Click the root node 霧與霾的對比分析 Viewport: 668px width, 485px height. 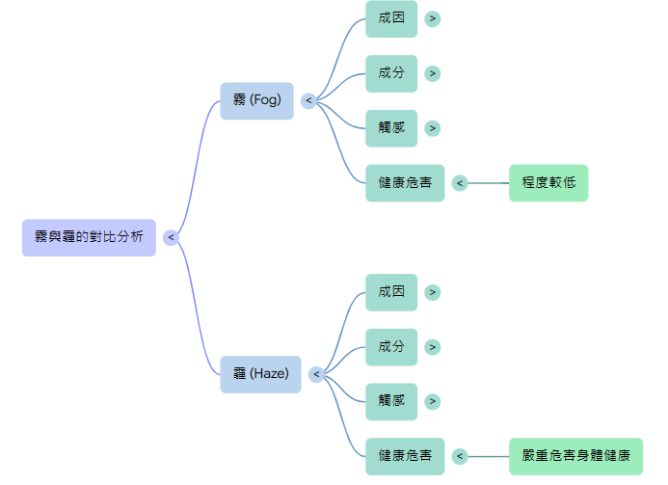89,237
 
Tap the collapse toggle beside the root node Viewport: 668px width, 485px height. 171,237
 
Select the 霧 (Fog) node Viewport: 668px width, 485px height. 256,100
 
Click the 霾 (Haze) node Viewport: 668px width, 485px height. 260,374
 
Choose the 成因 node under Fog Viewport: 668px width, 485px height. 391,18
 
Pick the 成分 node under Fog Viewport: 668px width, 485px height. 391,73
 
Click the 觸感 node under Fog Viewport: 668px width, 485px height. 391,128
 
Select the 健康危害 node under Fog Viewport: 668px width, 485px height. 405,183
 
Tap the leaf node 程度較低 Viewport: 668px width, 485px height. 548,183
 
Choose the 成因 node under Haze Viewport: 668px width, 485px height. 391,292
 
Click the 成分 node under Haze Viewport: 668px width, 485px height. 391,347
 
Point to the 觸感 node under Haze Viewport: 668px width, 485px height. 391,401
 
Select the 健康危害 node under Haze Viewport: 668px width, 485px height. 405,456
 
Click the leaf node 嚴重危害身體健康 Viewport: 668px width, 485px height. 575,456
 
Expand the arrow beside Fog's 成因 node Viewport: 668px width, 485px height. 433,18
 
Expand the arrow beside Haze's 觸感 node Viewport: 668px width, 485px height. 433,401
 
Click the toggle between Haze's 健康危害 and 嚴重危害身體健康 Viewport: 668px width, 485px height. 460,456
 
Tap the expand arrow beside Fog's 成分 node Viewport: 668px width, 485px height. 433,73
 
